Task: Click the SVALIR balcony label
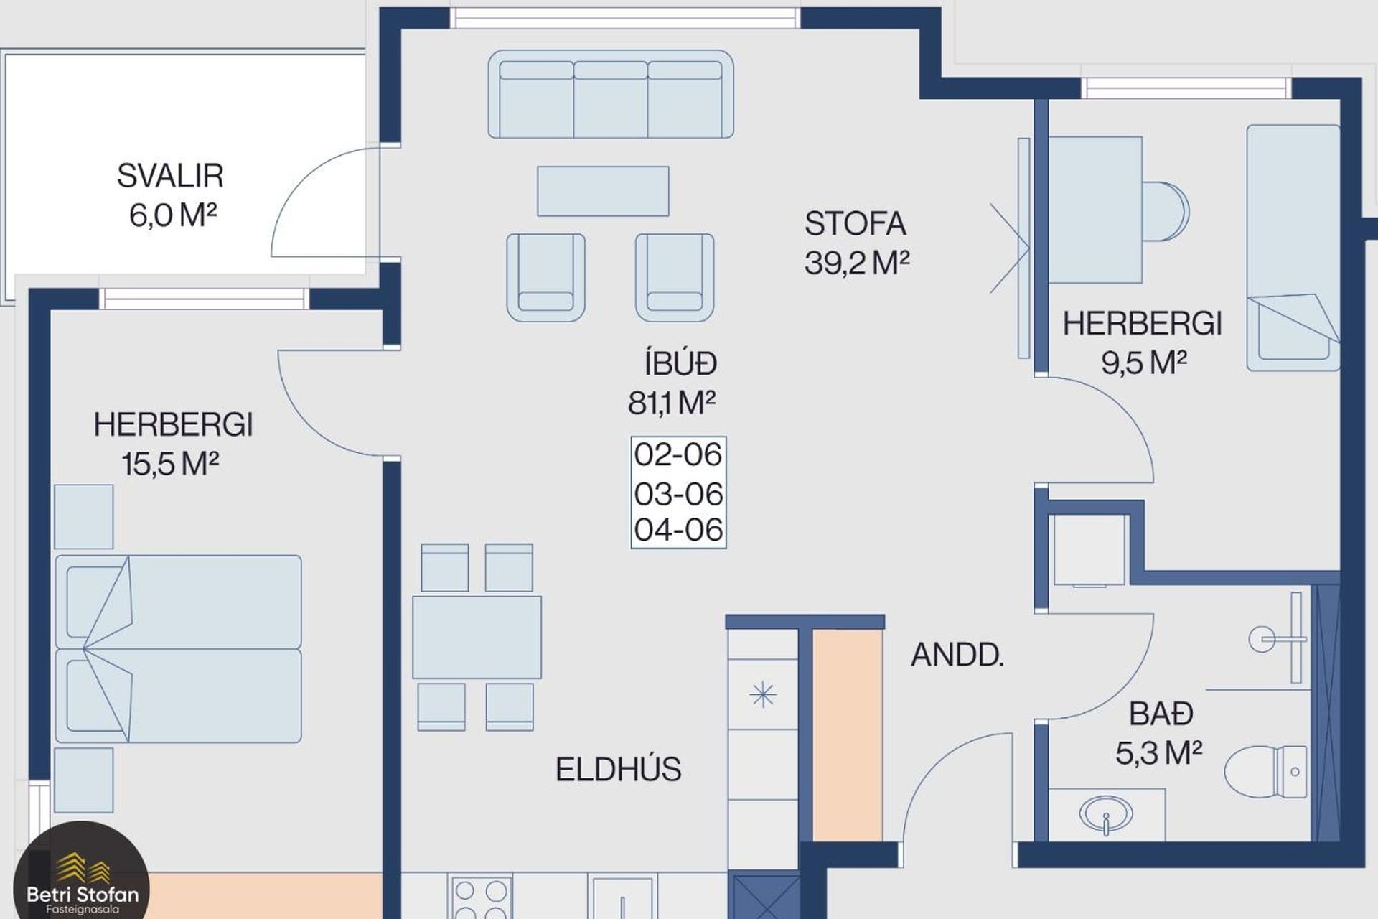click(170, 176)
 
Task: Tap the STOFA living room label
click(855, 224)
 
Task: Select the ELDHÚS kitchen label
click(618, 770)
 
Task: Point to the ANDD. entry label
click(957, 655)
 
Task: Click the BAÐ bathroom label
click(1161, 714)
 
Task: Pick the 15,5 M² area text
click(170, 464)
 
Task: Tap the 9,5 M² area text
click(1144, 363)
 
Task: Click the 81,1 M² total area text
click(672, 403)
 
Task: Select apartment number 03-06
click(678, 494)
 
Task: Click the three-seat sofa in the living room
click(611, 94)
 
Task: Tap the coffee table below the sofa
click(603, 191)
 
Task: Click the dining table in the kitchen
click(477, 638)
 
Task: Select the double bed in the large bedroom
click(178, 649)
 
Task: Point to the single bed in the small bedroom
click(1293, 248)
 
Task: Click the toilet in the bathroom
click(1265, 772)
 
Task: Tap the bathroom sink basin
click(1106, 815)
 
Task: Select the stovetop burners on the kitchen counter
click(480, 897)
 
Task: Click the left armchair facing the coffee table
click(545, 277)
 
